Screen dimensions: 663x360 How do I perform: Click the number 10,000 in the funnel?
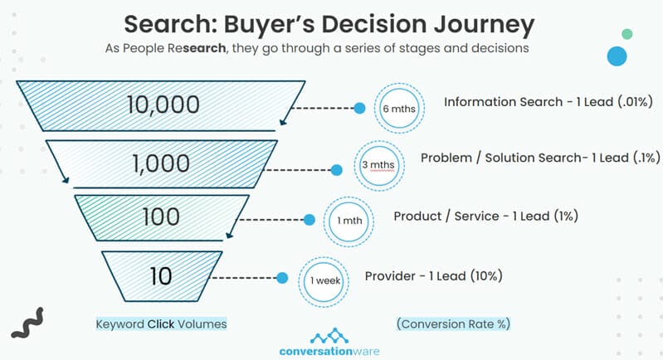(x=163, y=105)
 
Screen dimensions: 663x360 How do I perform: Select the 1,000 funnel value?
(x=161, y=163)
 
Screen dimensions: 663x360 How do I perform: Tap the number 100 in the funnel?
(x=161, y=216)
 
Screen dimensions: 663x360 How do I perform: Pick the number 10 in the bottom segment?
(x=161, y=276)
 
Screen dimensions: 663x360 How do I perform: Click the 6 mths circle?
(x=399, y=109)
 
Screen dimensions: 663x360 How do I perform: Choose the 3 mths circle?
(x=379, y=165)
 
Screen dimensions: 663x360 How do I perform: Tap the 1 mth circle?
(x=349, y=221)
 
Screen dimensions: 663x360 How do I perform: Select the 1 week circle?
(x=324, y=281)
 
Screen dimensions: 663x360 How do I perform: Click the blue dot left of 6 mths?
(x=359, y=108)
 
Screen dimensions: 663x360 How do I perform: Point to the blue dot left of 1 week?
(x=282, y=278)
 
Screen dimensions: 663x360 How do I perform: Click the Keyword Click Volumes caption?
(x=161, y=324)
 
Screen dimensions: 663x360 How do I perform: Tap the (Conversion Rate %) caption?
(x=453, y=324)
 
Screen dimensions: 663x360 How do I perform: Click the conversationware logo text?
(x=329, y=351)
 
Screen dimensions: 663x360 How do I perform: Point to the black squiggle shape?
(x=27, y=324)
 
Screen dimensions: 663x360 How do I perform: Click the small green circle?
(x=627, y=34)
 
